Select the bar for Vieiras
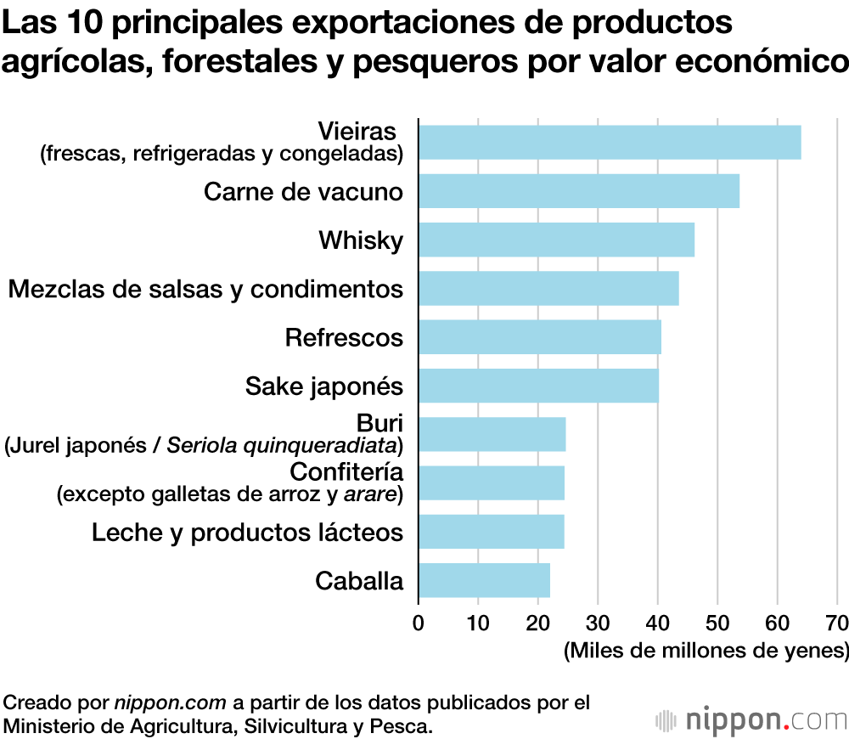[610, 142]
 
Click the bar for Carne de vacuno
[579, 191]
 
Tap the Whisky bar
[556, 240]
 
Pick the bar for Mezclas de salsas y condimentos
[548, 288]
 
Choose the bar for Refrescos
[540, 337]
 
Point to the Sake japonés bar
[538, 386]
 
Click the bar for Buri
[492, 434]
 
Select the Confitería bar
[491, 482]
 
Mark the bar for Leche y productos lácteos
[491, 531]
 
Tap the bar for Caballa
[484, 580]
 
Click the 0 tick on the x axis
[418, 622]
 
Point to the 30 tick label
[598, 622]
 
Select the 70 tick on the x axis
[837, 622]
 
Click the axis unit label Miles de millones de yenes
[706, 652]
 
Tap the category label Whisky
[361, 240]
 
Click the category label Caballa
[359, 581]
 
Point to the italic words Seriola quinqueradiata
[283, 445]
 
